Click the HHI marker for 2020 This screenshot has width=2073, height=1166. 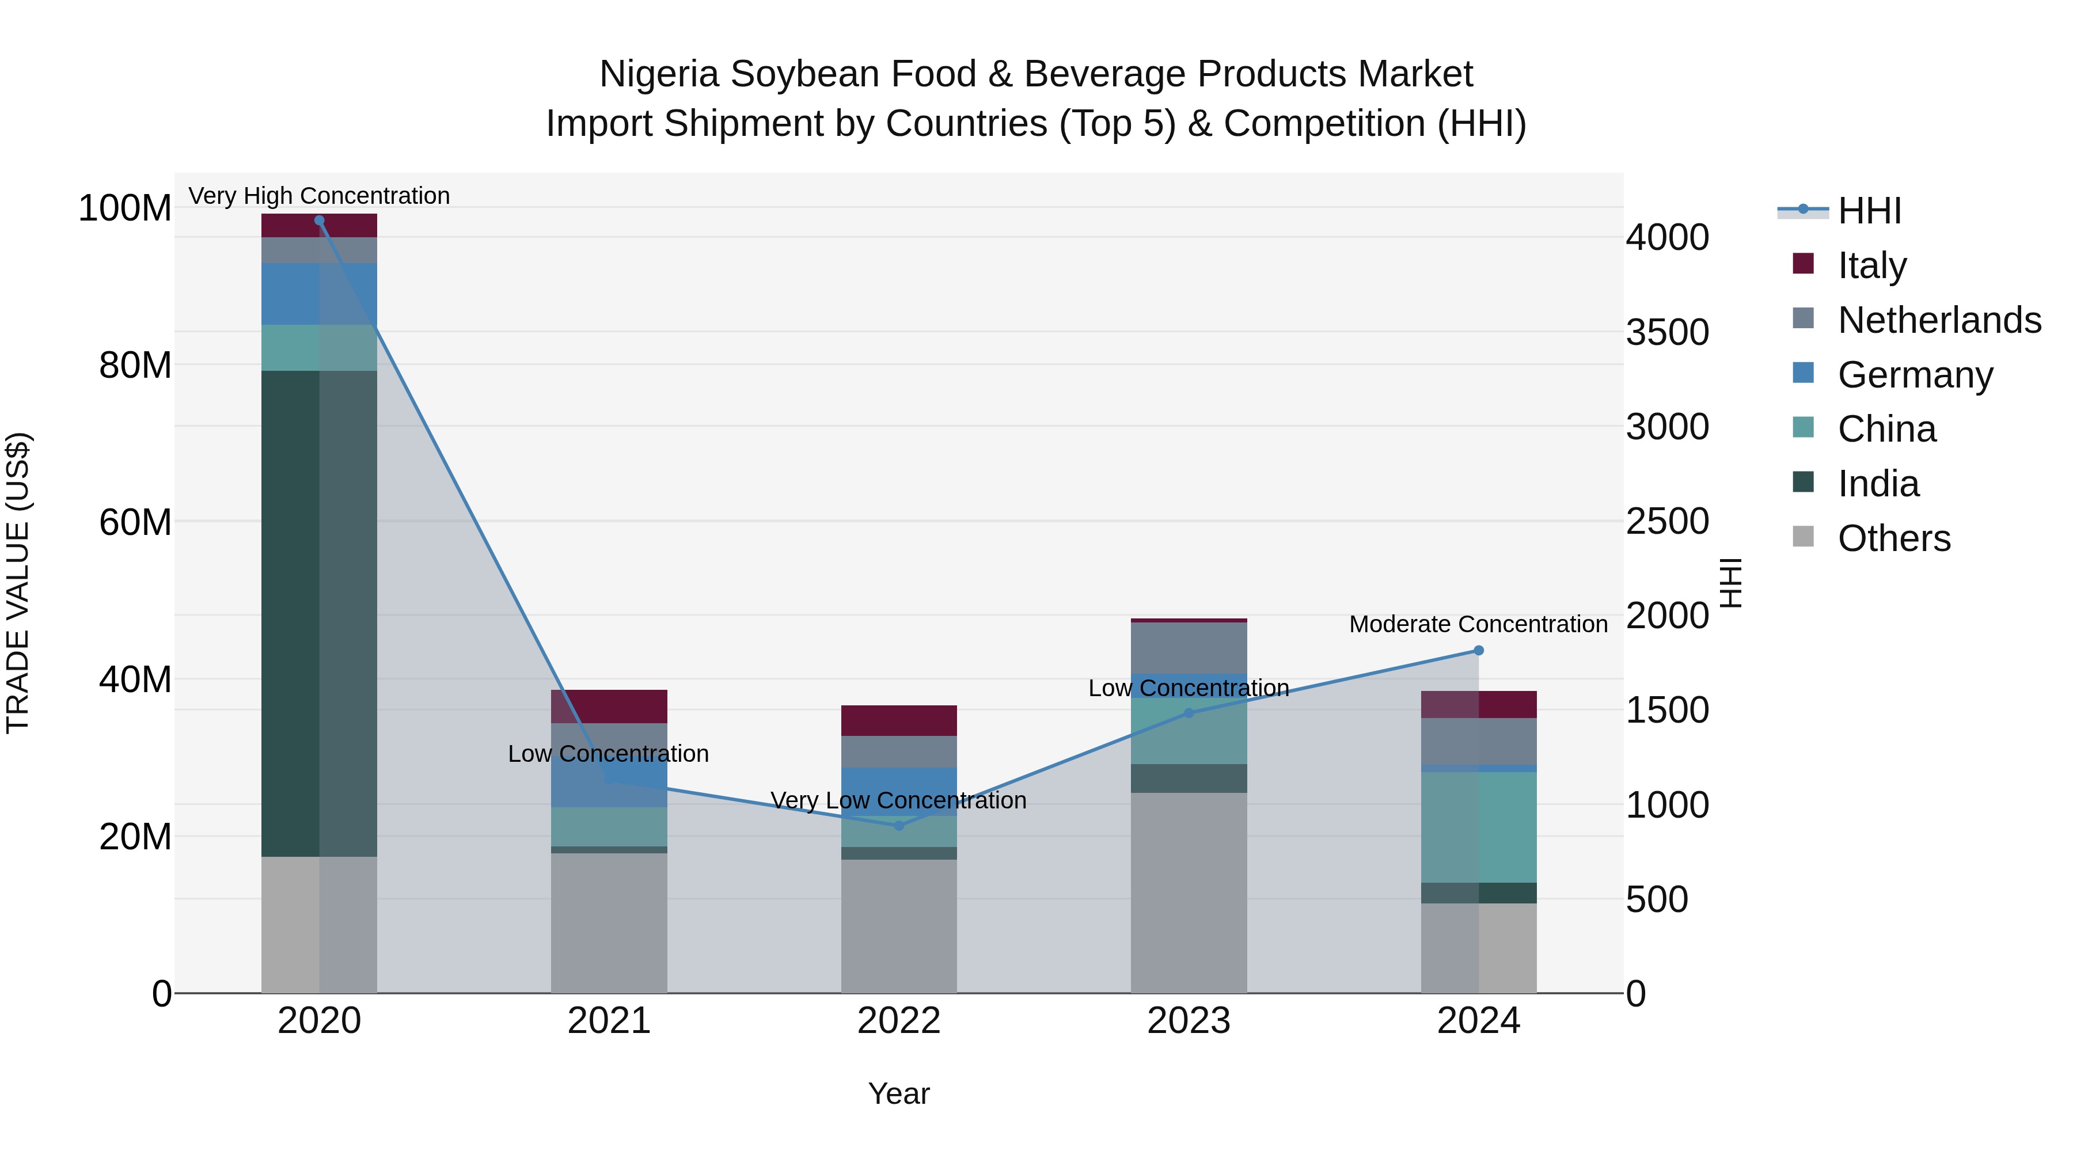pyautogui.click(x=320, y=221)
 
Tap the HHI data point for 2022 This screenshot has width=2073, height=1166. pyautogui.click(x=899, y=826)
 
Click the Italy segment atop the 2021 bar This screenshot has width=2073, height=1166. pyautogui.click(x=609, y=706)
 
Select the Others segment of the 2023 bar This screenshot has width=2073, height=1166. pyautogui.click(x=1189, y=892)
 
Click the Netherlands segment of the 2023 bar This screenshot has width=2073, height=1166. pyautogui.click(x=1189, y=647)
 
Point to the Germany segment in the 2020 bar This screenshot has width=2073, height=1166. pyautogui.click(x=320, y=294)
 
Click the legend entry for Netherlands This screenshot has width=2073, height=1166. pyautogui.click(x=1939, y=320)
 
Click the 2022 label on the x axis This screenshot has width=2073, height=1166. pyautogui.click(x=899, y=1021)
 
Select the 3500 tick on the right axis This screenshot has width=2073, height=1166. pyautogui.click(x=1668, y=332)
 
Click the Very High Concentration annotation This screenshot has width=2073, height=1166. pyautogui.click(x=320, y=196)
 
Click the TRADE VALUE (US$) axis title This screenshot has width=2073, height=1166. pyautogui.click(x=18, y=583)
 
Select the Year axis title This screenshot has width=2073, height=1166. pyautogui.click(x=899, y=1093)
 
